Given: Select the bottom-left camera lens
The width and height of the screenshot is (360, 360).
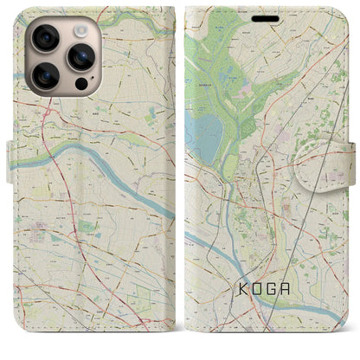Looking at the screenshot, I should pos(44,75).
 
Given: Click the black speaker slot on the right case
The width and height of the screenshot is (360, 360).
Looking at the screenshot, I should pos(264,17).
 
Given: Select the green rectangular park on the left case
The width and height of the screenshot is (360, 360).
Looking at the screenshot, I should pos(87,227).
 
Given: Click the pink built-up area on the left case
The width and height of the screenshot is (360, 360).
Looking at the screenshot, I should pos(39,228).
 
